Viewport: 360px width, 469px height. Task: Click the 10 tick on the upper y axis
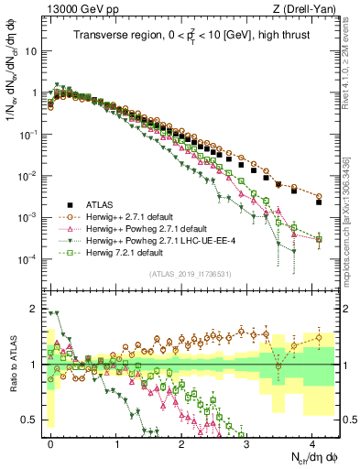click(x=28, y=51)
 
